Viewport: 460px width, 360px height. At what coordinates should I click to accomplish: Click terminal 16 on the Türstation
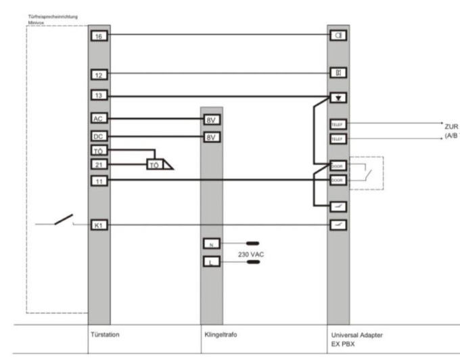[99, 35]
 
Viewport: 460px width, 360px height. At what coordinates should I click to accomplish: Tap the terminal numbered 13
[99, 96]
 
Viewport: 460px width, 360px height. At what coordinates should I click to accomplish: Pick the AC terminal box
[99, 118]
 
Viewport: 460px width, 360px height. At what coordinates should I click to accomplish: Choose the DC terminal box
[99, 136]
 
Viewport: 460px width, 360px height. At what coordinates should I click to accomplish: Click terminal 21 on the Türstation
[99, 164]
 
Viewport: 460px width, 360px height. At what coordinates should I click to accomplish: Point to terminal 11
[99, 181]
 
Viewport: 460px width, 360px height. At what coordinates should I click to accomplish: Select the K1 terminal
[99, 225]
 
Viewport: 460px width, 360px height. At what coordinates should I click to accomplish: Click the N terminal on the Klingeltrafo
[212, 243]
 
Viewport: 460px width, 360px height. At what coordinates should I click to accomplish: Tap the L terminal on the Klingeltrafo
[212, 261]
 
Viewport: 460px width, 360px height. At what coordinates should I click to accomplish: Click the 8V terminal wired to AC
[212, 120]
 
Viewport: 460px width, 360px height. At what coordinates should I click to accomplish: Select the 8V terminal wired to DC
[212, 137]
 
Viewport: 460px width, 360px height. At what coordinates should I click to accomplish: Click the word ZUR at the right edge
[451, 126]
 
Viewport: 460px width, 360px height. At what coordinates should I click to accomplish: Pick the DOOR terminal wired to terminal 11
[337, 181]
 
